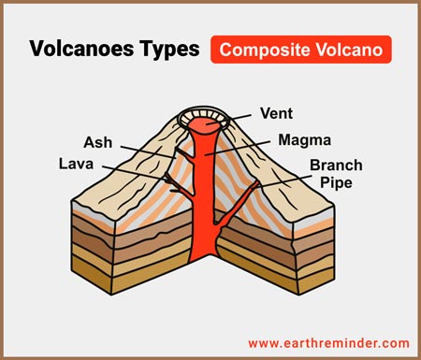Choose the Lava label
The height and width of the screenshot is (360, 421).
(x=78, y=165)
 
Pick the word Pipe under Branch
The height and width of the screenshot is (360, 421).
(x=336, y=183)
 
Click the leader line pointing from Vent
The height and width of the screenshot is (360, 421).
(x=241, y=117)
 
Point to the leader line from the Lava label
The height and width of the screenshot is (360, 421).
(x=131, y=168)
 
